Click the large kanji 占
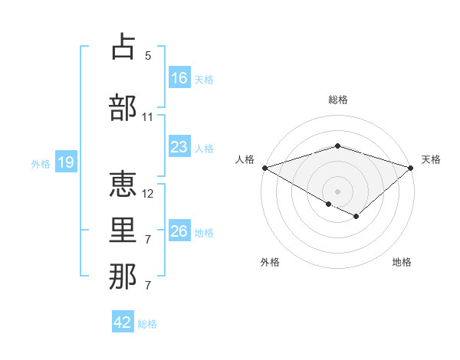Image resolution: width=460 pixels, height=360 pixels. click(123, 47)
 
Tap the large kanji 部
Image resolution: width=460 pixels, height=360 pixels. click(123, 107)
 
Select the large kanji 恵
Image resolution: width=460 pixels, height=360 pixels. click(123, 184)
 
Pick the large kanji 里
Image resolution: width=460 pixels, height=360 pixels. click(123, 231)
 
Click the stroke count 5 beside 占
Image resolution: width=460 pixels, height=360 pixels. click(148, 56)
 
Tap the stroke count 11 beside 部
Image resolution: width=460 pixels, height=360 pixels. click(148, 116)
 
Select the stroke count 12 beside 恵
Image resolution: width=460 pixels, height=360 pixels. click(149, 193)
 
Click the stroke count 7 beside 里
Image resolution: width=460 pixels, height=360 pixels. click(148, 240)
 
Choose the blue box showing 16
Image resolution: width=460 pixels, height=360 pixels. click(179, 78)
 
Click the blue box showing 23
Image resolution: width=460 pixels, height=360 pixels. click(179, 147)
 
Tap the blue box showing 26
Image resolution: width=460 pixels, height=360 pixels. click(179, 231)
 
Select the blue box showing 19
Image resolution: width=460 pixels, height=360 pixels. click(65, 162)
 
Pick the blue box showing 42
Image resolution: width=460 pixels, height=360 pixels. click(123, 322)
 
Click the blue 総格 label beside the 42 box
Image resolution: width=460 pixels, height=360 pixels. click(147, 324)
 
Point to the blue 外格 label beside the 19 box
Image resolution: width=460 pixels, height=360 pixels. click(41, 163)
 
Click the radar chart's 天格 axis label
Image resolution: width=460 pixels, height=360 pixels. click(431, 159)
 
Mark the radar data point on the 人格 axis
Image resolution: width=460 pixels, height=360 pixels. click(264, 167)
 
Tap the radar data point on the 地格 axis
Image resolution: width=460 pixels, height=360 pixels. click(356, 217)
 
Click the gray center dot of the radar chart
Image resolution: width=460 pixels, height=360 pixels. click(337, 191)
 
